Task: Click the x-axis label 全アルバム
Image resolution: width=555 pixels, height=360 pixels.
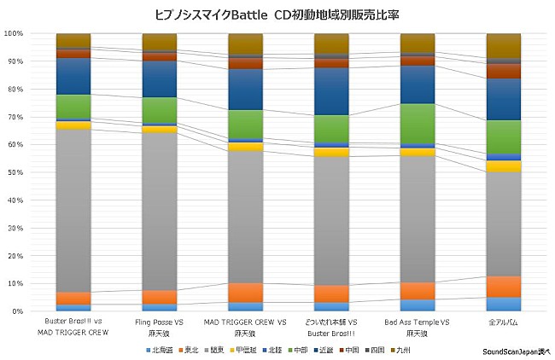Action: [x=503, y=322]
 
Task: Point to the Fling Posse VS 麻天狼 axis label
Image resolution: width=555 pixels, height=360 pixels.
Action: [x=160, y=326]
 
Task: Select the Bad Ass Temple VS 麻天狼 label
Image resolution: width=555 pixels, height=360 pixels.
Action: [x=418, y=326]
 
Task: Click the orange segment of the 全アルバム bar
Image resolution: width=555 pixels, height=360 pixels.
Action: [x=503, y=287]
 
